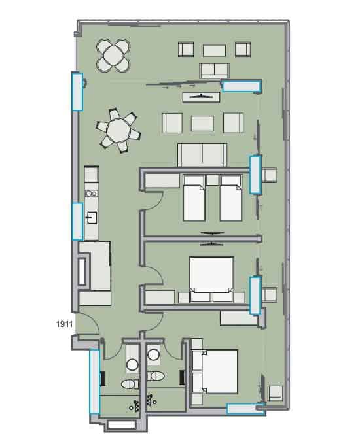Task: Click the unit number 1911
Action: (63, 322)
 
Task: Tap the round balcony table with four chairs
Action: (113, 55)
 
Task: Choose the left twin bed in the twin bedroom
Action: (194, 198)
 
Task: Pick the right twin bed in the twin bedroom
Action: (230, 198)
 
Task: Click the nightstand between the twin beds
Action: (212, 180)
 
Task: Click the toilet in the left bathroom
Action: (130, 383)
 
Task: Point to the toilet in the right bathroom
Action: (156, 376)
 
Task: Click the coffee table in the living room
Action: (202, 124)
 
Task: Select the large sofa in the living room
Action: (202, 154)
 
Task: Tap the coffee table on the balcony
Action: (214, 50)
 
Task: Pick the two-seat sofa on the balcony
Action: (214, 71)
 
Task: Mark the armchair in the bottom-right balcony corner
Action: (275, 394)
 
